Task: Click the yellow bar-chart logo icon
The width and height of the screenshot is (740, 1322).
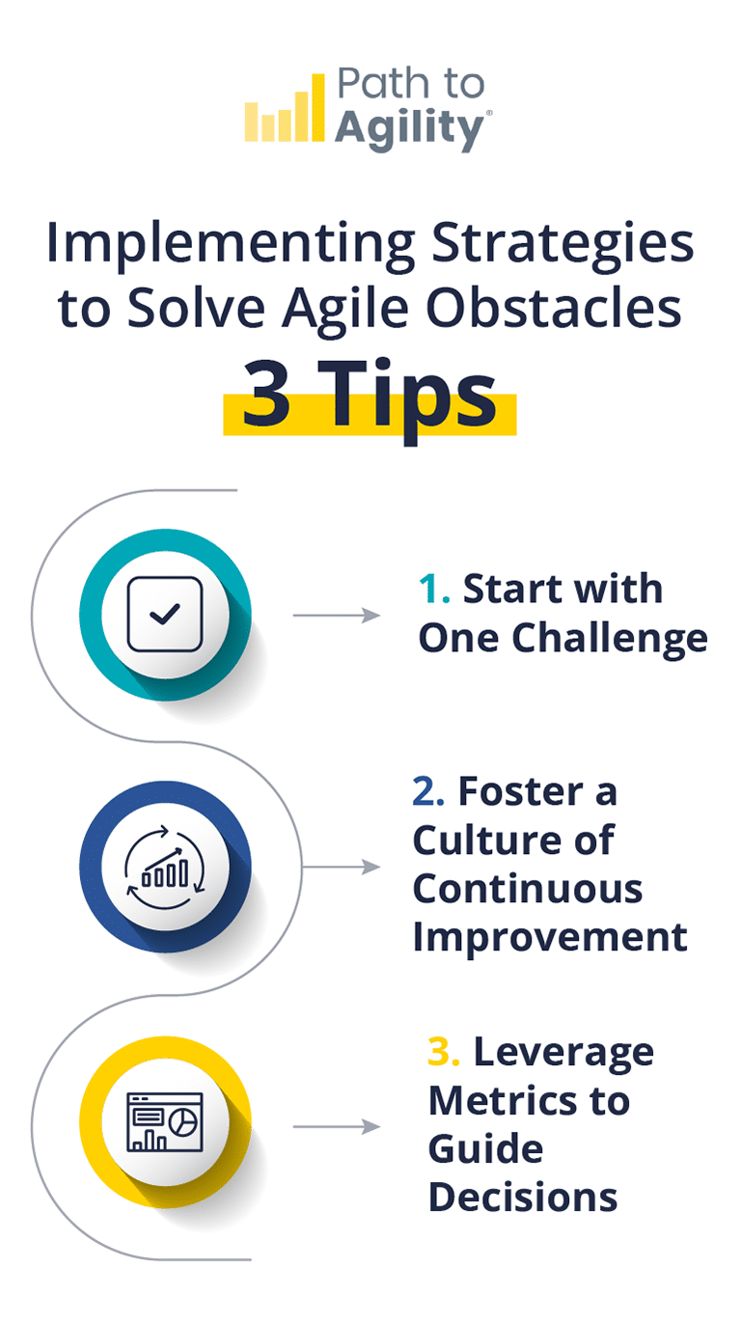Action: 284,110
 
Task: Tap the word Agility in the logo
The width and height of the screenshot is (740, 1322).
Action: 411,128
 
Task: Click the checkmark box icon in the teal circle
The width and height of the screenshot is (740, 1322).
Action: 165,614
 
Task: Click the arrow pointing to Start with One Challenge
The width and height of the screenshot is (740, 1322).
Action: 337,615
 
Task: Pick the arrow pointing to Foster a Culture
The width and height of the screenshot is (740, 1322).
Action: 342,867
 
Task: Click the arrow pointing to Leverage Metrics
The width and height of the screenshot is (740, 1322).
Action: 337,1126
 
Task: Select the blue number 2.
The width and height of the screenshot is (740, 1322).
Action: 427,791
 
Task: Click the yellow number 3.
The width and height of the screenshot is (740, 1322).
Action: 443,1052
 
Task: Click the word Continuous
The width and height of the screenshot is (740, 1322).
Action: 528,888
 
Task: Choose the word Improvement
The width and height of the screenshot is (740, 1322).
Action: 550,936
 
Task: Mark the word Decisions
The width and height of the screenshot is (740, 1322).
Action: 523,1197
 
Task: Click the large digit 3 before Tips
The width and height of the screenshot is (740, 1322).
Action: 267,398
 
